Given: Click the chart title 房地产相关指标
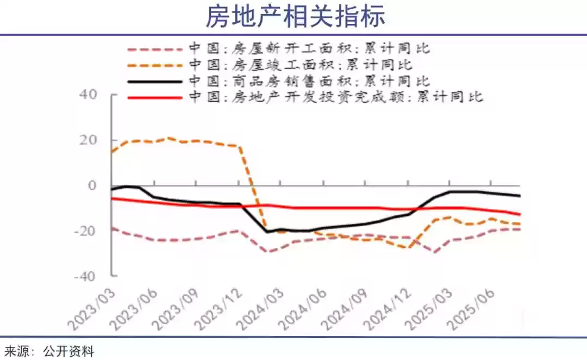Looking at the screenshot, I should coord(295,16).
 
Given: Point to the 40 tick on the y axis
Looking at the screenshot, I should coord(90,95).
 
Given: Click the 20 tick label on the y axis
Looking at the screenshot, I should coord(90,140).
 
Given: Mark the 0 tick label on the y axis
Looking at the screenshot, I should coord(92,185).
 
